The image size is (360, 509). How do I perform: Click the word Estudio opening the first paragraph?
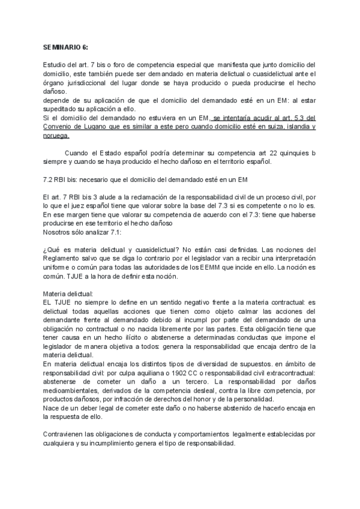(55, 64)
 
